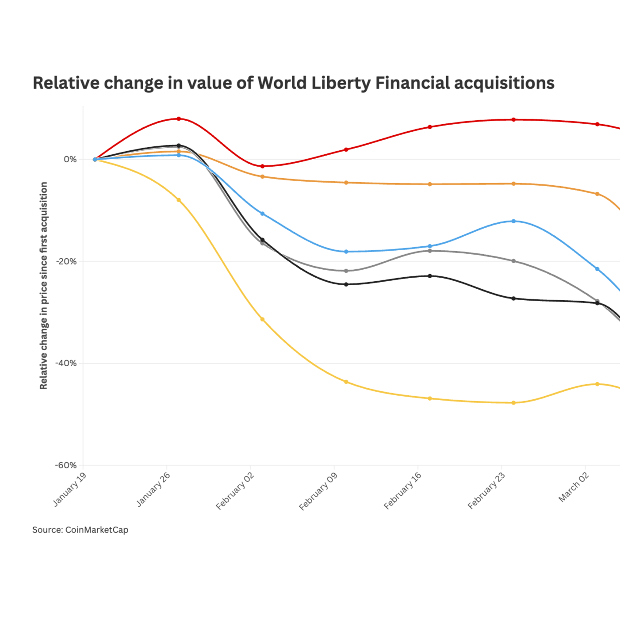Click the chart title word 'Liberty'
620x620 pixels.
click(x=341, y=83)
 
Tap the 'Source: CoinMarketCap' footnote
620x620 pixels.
click(x=80, y=530)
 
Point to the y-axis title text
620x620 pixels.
click(x=43, y=286)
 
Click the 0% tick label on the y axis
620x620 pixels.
click(x=70, y=160)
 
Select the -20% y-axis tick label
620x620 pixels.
click(x=66, y=261)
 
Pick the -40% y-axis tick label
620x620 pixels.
click(x=66, y=363)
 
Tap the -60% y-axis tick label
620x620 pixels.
click(x=66, y=465)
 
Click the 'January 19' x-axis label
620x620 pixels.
click(x=69, y=489)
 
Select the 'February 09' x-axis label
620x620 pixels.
click(x=318, y=491)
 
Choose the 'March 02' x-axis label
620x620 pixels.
click(x=574, y=487)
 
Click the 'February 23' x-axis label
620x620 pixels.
click(x=486, y=491)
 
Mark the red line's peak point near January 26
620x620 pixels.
click(x=179, y=119)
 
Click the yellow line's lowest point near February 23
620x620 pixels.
click(x=513, y=403)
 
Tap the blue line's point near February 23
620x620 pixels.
click(x=513, y=221)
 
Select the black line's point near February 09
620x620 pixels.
click(x=346, y=284)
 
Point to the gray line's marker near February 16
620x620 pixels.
click(x=430, y=251)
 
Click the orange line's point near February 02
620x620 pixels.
click(x=262, y=176)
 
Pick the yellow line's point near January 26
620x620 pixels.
click(x=179, y=200)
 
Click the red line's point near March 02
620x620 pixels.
click(x=597, y=124)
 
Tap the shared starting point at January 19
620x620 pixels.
click(x=95, y=159)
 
